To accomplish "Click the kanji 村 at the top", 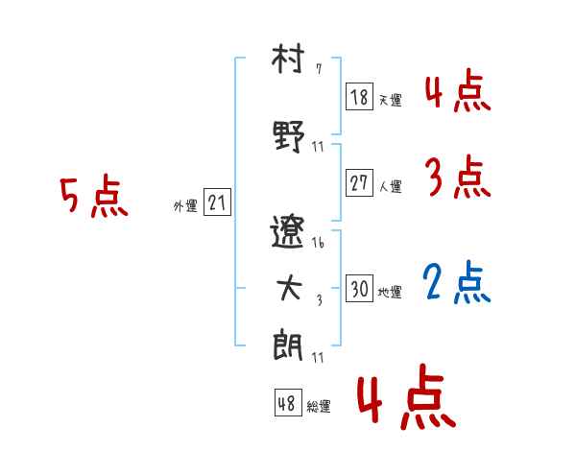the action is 288,59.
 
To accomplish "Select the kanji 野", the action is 289,136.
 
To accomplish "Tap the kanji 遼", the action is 288,232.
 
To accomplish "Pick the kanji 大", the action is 289,288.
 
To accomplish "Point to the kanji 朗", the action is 288,345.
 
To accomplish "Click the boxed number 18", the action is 359,97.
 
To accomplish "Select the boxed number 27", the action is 359,182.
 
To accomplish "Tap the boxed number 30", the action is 359,288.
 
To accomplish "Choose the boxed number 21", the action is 217,202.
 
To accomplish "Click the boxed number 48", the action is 288,402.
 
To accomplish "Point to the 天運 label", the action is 391,100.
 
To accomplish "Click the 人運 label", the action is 391,186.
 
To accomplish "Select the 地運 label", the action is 390,292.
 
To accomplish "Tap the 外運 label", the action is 185,206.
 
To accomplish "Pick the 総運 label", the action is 319,406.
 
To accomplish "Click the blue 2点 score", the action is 457,282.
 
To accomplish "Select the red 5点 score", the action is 94,196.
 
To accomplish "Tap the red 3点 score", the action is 458,177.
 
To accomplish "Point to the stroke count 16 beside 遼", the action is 318,243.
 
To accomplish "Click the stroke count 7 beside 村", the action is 319,69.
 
